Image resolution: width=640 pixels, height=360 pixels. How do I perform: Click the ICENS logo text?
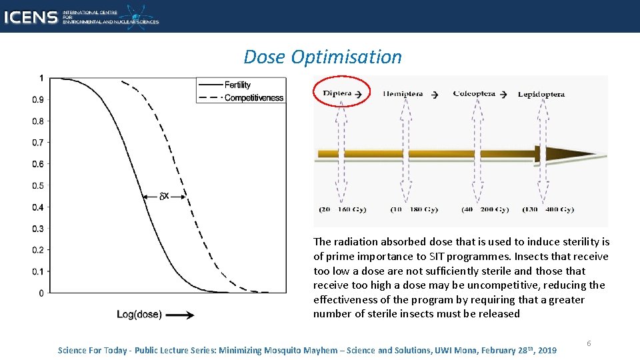pos(30,17)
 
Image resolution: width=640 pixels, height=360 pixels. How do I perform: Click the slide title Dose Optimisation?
pos(323,57)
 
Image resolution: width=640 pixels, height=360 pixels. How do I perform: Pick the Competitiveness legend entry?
pos(253,98)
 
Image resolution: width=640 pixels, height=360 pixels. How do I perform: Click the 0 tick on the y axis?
pos(41,293)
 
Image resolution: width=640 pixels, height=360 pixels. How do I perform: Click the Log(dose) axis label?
pos(139,315)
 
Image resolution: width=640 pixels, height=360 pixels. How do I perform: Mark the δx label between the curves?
pos(165,196)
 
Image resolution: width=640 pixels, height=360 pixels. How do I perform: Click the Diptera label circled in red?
pos(337,93)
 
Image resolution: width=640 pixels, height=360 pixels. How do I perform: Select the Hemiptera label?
pos(403,94)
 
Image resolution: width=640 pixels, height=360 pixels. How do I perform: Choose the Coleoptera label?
pos(474,94)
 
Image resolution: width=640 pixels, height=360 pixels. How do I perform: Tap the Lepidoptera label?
pos(541,94)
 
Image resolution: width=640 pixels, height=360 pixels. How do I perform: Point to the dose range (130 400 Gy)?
pos(548,209)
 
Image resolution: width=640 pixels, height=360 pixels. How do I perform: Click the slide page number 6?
pos(589,343)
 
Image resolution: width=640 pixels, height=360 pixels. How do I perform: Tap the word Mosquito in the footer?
pos(289,350)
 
